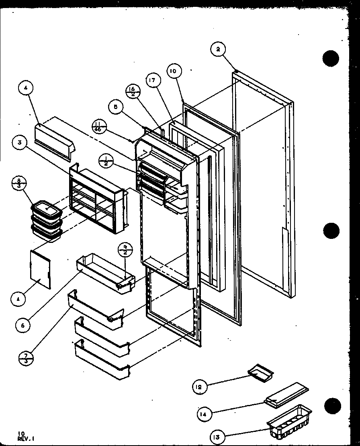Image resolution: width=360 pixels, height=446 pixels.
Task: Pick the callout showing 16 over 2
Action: [133, 91]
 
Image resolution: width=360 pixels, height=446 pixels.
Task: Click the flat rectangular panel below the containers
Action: [41, 268]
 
